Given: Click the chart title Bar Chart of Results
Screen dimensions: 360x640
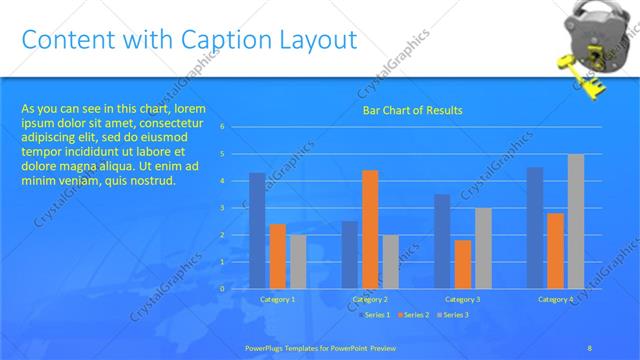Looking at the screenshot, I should pos(412,110).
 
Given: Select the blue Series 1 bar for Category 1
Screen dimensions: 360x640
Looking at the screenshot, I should pos(257,231).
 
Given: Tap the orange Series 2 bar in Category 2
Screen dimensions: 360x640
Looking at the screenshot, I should pos(370,229).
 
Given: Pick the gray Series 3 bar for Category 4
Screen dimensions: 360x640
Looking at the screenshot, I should pos(576,221).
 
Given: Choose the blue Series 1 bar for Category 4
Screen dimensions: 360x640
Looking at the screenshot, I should pos(535,228).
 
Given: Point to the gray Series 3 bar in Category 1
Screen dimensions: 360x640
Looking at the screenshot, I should pos(298,261).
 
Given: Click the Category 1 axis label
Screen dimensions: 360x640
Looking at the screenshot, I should pos(277,299).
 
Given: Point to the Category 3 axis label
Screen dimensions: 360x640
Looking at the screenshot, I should pos(462,299).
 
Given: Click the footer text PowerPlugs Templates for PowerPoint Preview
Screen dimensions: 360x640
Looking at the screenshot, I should pos(320,347).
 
